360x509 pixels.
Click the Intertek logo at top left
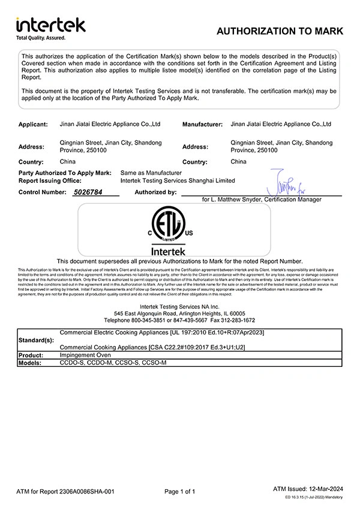pos(50,25)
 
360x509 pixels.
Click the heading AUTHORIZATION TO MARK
pos(280,31)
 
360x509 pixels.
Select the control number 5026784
pos(88,192)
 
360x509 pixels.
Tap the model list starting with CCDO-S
pos(113,363)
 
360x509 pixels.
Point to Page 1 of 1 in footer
pos(180,492)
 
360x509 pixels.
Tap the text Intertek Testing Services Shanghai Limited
pos(178,180)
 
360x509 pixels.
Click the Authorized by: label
pos(156,192)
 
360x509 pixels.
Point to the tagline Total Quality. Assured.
pos(40,37)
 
